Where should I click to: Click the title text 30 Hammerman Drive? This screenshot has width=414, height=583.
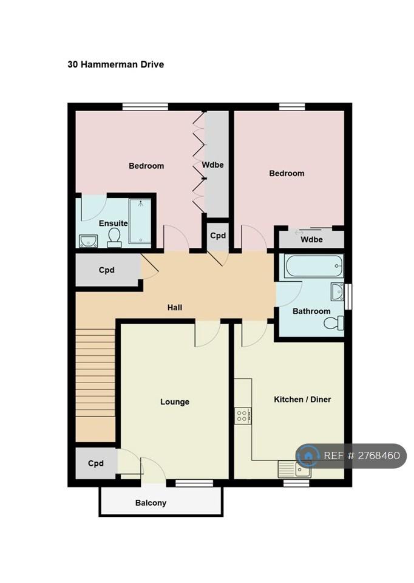(x=115, y=64)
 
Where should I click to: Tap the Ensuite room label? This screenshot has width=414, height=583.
(x=113, y=223)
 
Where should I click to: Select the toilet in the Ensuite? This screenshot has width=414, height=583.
(x=114, y=237)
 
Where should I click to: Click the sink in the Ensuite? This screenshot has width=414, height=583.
(x=88, y=241)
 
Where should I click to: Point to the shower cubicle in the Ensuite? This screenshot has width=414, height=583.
(x=140, y=221)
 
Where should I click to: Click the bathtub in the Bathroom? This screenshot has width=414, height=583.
(x=314, y=266)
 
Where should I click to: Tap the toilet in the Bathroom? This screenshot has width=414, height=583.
(x=334, y=322)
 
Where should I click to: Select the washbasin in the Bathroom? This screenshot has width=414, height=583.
(x=337, y=292)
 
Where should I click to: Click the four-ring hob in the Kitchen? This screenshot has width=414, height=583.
(x=242, y=415)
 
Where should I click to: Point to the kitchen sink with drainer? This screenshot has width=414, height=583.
(x=294, y=469)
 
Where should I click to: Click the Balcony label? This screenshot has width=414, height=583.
(x=151, y=503)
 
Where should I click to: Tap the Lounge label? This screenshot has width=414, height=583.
(x=175, y=402)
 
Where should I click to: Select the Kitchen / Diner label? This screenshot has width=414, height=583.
(x=302, y=400)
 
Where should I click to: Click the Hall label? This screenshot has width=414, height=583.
(x=175, y=307)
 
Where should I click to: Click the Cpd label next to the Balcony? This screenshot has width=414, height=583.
(x=95, y=463)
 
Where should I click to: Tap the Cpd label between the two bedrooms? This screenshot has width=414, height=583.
(x=218, y=236)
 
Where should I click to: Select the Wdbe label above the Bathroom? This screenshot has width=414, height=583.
(x=311, y=239)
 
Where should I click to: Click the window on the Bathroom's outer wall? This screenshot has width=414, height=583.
(x=348, y=297)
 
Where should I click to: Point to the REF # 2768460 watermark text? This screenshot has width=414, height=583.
(x=362, y=455)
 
